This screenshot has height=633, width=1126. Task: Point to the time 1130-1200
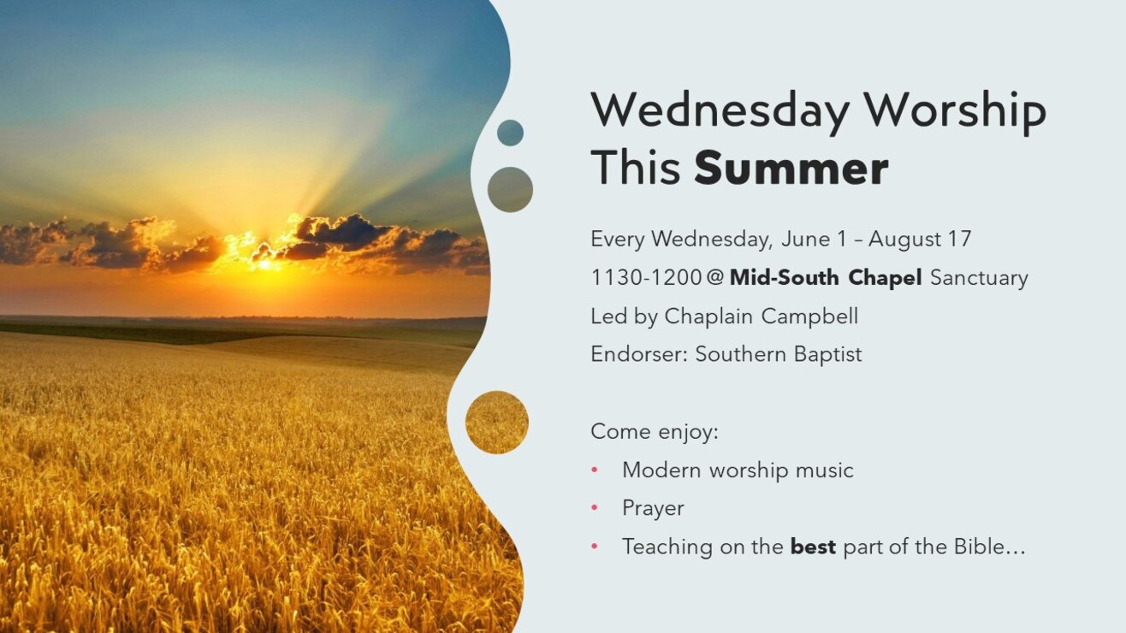646,277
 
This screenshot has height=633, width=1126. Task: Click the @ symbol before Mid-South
714,277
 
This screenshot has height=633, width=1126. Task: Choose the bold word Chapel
885,278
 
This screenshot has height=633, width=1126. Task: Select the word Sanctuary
979,278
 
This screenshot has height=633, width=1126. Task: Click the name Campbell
809,316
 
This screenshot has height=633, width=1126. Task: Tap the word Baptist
828,354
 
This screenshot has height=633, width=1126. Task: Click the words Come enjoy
655,431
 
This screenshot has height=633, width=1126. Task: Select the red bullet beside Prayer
595,508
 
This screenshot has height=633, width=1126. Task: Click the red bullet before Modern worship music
595,470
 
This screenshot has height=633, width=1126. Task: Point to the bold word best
813,547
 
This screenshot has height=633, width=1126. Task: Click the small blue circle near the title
510,133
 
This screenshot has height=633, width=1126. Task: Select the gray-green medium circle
510,189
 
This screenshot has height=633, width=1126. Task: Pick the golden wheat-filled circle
496,423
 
